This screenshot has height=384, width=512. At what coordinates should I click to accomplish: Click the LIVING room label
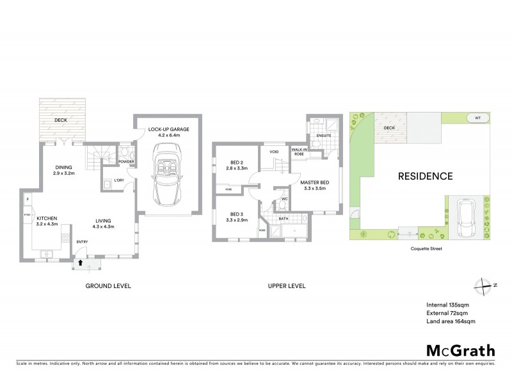pyautogui.click(x=104, y=221)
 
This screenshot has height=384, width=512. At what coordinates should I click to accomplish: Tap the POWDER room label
pyautogui.click(x=126, y=161)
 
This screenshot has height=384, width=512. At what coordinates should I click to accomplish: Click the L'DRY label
pyautogui.click(x=118, y=180)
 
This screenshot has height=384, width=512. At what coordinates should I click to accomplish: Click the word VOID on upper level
pyautogui.click(x=275, y=152)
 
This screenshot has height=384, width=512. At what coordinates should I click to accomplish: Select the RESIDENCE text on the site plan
pyautogui.click(x=426, y=176)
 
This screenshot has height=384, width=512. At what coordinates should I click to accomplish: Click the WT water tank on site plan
pyautogui.click(x=477, y=118)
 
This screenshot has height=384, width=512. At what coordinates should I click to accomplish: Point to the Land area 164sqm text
pyautogui.click(x=451, y=321)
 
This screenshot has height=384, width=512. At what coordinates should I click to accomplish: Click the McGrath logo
pyautogui.click(x=460, y=350)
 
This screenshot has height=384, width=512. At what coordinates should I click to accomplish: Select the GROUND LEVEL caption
pyautogui.click(x=108, y=285)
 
